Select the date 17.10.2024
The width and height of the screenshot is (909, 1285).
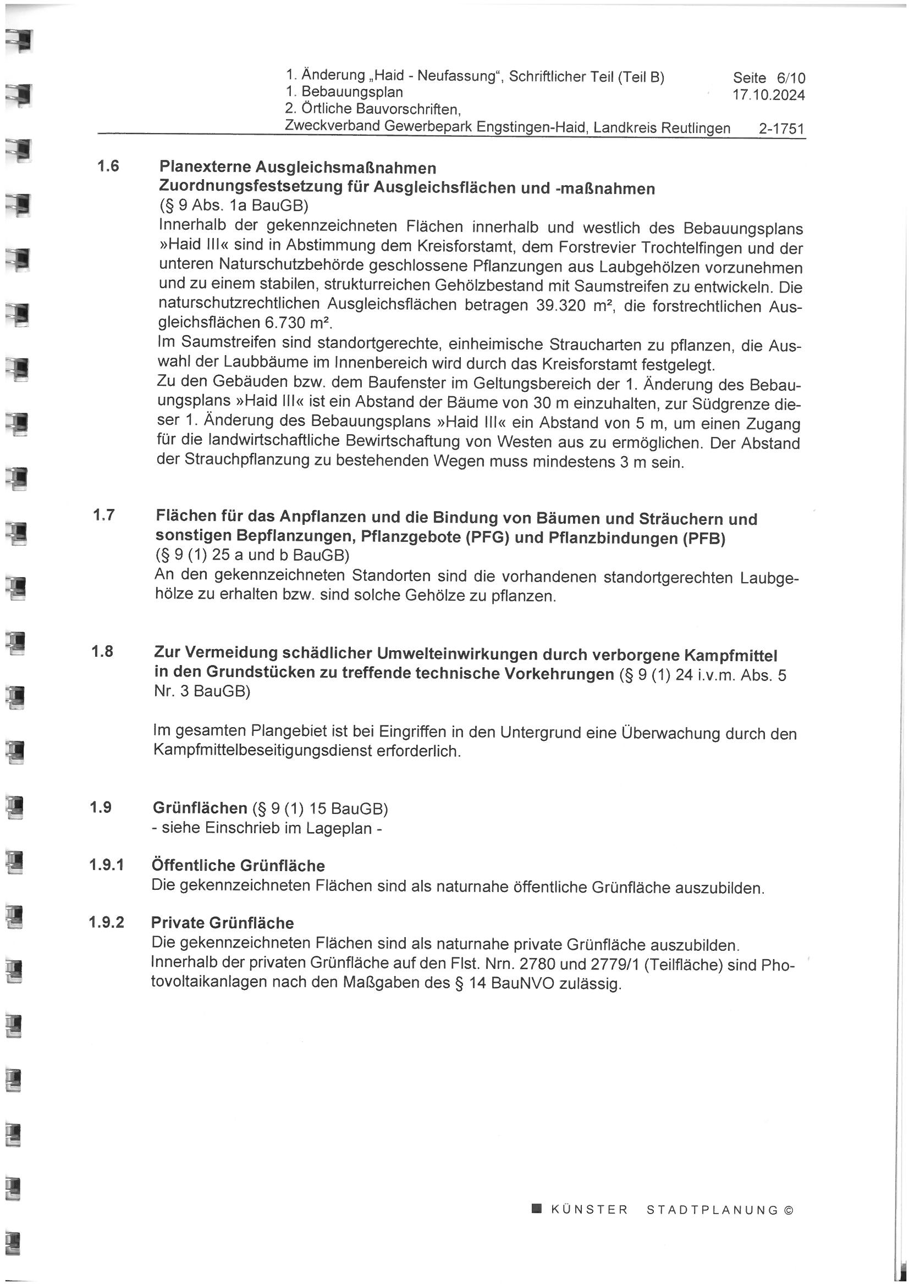pyautogui.click(x=768, y=95)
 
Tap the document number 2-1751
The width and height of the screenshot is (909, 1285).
pyautogui.click(x=781, y=129)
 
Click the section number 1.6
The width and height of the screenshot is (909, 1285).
pyautogui.click(x=108, y=166)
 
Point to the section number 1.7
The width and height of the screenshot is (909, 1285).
pyautogui.click(x=104, y=514)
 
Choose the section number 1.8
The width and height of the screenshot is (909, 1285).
pyautogui.click(x=102, y=651)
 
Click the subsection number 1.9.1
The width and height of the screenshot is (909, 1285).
pyautogui.click(x=107, y=865)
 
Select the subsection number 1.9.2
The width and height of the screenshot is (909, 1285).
pyautogui.click(x=107, y=922)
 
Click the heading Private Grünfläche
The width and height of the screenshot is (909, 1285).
pyautogui.click(x=222, y=922)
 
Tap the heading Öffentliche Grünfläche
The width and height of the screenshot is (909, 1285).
pyautogui.click(x=238, y=866)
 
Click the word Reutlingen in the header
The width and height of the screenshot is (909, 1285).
pyautogui.click(x=696, y=128)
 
